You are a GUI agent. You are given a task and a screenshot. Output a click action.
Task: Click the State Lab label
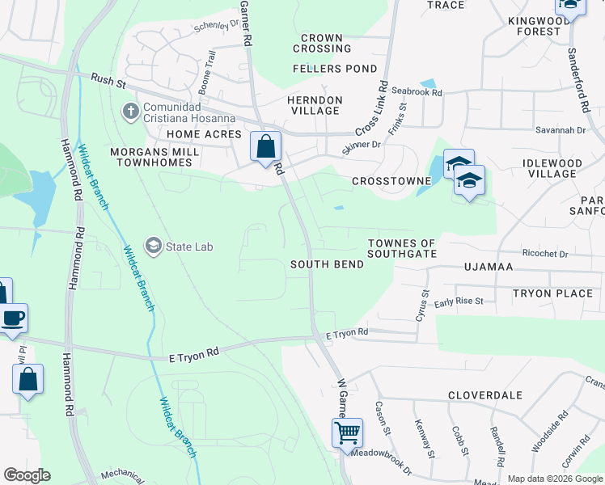pyautogui.click(x=189, y=246)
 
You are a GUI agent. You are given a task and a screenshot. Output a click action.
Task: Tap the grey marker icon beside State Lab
pyautogui.click(x=152, y=245)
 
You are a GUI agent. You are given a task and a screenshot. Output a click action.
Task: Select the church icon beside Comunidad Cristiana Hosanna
pyautogui.click(x=130, y=110)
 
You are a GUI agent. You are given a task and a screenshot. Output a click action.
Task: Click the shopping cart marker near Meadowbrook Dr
pyautogui.click(x=348, y=432)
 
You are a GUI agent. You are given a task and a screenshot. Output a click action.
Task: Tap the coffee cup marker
pyautogui.click(x=13, y=318)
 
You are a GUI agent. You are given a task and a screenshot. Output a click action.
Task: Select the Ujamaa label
pyautogui.click(x=489, y=266)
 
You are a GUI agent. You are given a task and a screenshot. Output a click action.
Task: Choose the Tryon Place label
pyautogui.click(x=552, y=293)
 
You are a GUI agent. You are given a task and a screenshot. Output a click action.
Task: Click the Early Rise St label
pyautogui.click(x=459, y=302)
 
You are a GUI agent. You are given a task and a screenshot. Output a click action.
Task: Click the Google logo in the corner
pyautogui.click(x=27, y=475)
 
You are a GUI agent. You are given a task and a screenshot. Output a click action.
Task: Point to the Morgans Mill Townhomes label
pyautogui.click(x=141, y=157)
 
